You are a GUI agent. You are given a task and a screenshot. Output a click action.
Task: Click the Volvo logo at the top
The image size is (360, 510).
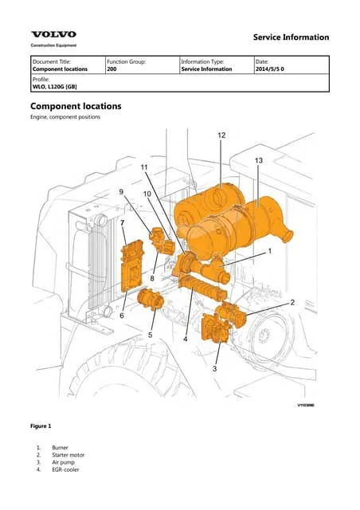[x=54, y=34]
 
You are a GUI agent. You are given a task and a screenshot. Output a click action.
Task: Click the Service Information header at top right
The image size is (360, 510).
[x=290, y=37]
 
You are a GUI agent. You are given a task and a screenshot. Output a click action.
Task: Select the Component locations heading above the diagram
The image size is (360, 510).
[x=75, y=106]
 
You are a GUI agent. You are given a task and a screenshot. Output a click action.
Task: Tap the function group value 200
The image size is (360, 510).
[x=112, y=69]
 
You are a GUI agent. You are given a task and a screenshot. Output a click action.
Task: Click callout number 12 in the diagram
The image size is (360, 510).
[x=221, y=135]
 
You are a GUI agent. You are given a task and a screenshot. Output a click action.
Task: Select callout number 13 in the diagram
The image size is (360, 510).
[x=258, y=161]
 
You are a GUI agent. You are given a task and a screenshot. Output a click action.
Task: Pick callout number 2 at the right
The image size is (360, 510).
[x=292, y=302]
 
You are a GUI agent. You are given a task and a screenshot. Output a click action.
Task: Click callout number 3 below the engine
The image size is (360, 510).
[x=214, y=368]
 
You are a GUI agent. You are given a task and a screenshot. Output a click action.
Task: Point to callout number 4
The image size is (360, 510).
[x=186, y=339]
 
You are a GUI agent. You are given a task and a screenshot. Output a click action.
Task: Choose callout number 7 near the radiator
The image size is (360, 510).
[x=122, y=224]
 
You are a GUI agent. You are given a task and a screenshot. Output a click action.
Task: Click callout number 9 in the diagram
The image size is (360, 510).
[x=122, y=192]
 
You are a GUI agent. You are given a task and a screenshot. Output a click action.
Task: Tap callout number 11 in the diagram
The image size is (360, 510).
[x=144, y=167]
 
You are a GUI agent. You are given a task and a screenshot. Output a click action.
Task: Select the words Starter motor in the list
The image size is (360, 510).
[x=68, y=454]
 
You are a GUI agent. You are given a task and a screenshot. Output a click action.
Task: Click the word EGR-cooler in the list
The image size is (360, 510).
[x=65, y=469]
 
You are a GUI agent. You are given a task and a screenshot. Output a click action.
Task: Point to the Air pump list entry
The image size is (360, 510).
[x=64, y=461]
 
